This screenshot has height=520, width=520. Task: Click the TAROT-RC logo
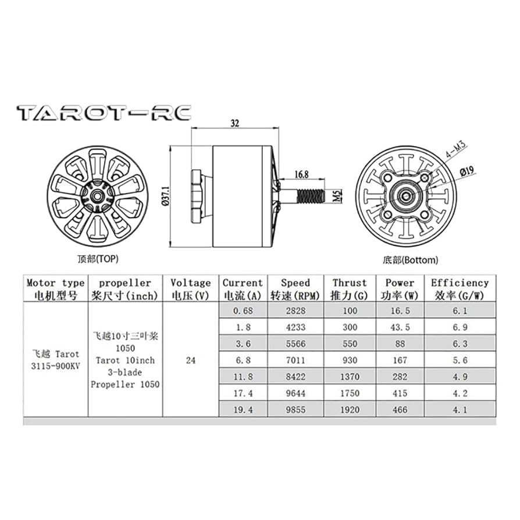pos(104,113)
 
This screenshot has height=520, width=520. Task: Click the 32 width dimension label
pos(234,123)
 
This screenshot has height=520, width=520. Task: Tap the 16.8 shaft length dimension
pos(301,174)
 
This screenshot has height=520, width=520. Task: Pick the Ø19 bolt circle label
pos(466,172)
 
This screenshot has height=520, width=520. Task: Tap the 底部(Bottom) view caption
pos(411,260)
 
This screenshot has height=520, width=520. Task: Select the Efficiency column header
pos(460,289)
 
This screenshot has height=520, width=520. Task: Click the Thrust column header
pos(350,289)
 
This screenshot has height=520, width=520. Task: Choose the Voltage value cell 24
pos(190,361)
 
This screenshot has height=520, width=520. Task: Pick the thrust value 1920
pos(350,409)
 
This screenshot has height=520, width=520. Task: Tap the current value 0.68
pos(243,311)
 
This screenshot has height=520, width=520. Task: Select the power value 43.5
pos(400,327)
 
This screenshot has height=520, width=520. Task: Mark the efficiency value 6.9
pos(460,327)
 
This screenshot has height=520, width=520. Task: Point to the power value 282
pos(400,377)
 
